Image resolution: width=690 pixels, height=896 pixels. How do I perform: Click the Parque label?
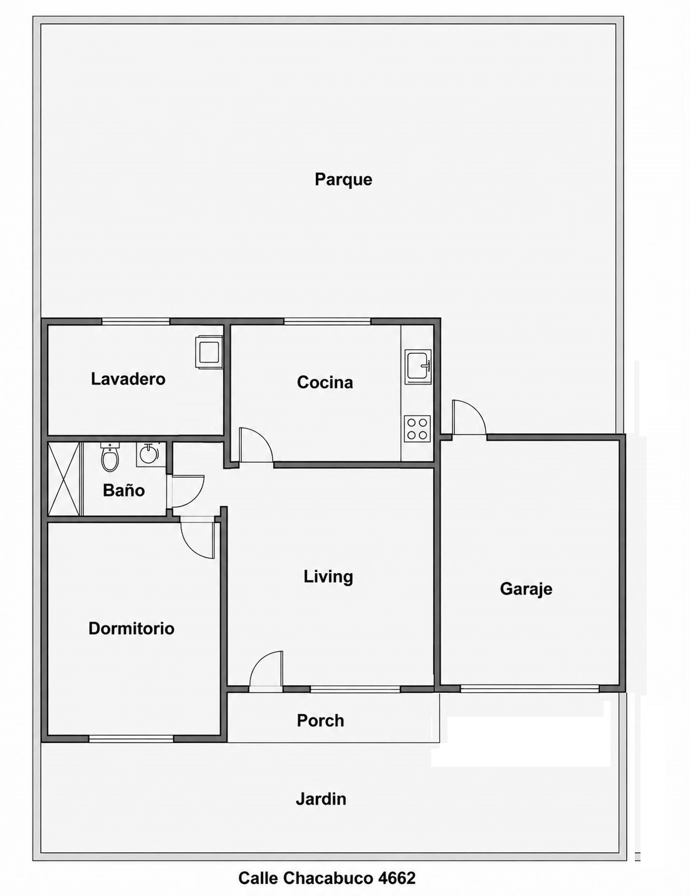point(343,180)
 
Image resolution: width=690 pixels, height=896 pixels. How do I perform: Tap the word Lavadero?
point(128,379)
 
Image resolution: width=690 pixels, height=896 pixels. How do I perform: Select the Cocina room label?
point(325,382)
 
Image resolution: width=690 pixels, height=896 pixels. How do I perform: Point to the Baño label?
point(123,490)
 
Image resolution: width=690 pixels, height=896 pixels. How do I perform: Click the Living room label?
point(328,577)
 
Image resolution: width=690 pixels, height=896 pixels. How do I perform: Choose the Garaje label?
point(526,589)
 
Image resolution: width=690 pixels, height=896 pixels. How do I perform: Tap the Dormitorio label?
point(132,628)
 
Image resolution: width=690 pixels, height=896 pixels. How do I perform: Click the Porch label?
point(320,721)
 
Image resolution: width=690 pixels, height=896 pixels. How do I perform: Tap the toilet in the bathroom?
point(110,457)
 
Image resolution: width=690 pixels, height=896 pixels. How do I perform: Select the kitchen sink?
point(418,367)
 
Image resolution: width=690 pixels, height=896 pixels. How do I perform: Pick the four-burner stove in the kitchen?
point(418,429)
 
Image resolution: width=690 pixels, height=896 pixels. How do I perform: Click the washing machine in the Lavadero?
point(210,352)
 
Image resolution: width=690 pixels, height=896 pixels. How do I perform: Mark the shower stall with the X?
point(65,478)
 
